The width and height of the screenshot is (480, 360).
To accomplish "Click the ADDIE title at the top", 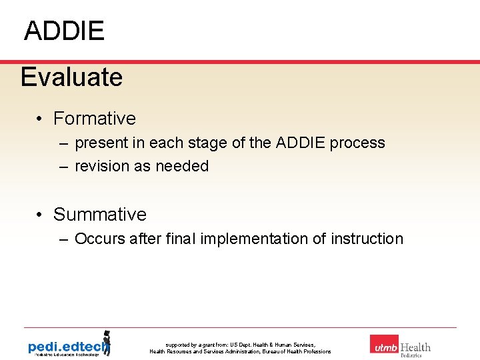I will coord(64,31).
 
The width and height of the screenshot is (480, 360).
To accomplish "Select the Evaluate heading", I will coord(71,77).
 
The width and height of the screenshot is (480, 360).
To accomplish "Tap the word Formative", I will coord(94,119).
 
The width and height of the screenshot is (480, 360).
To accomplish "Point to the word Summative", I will coord(99,215).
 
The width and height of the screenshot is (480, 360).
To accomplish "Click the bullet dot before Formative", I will coord(41,119).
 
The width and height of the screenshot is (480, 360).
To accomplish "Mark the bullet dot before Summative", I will coord(41,215).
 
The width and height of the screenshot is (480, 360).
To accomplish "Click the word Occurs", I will coord(98,239).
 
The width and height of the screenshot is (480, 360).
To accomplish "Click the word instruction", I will coord(367,239).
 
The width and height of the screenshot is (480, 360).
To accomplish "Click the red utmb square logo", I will coord(384,344).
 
